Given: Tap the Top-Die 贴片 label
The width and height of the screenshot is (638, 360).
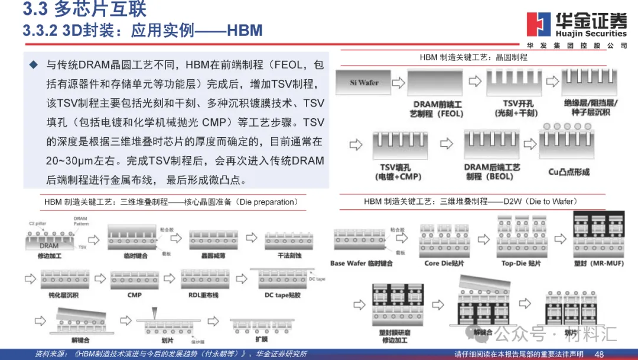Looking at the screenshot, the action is pos(520,264).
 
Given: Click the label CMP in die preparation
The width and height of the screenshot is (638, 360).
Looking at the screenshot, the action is pos(134,294).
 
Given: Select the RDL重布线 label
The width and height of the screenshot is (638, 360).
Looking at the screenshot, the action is pos(204,294).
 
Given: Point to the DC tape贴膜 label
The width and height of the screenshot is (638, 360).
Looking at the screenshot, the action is pos(283,294).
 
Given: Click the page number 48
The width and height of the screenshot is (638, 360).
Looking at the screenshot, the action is pos(599,353).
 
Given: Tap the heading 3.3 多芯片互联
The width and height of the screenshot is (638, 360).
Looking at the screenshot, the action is pos(84,9).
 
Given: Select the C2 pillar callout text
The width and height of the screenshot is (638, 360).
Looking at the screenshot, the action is pos(39,224).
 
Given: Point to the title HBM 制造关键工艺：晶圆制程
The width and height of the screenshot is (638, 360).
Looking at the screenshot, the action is pos(473,57).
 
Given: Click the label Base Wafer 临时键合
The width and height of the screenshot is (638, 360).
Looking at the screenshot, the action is pos(361,264).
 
